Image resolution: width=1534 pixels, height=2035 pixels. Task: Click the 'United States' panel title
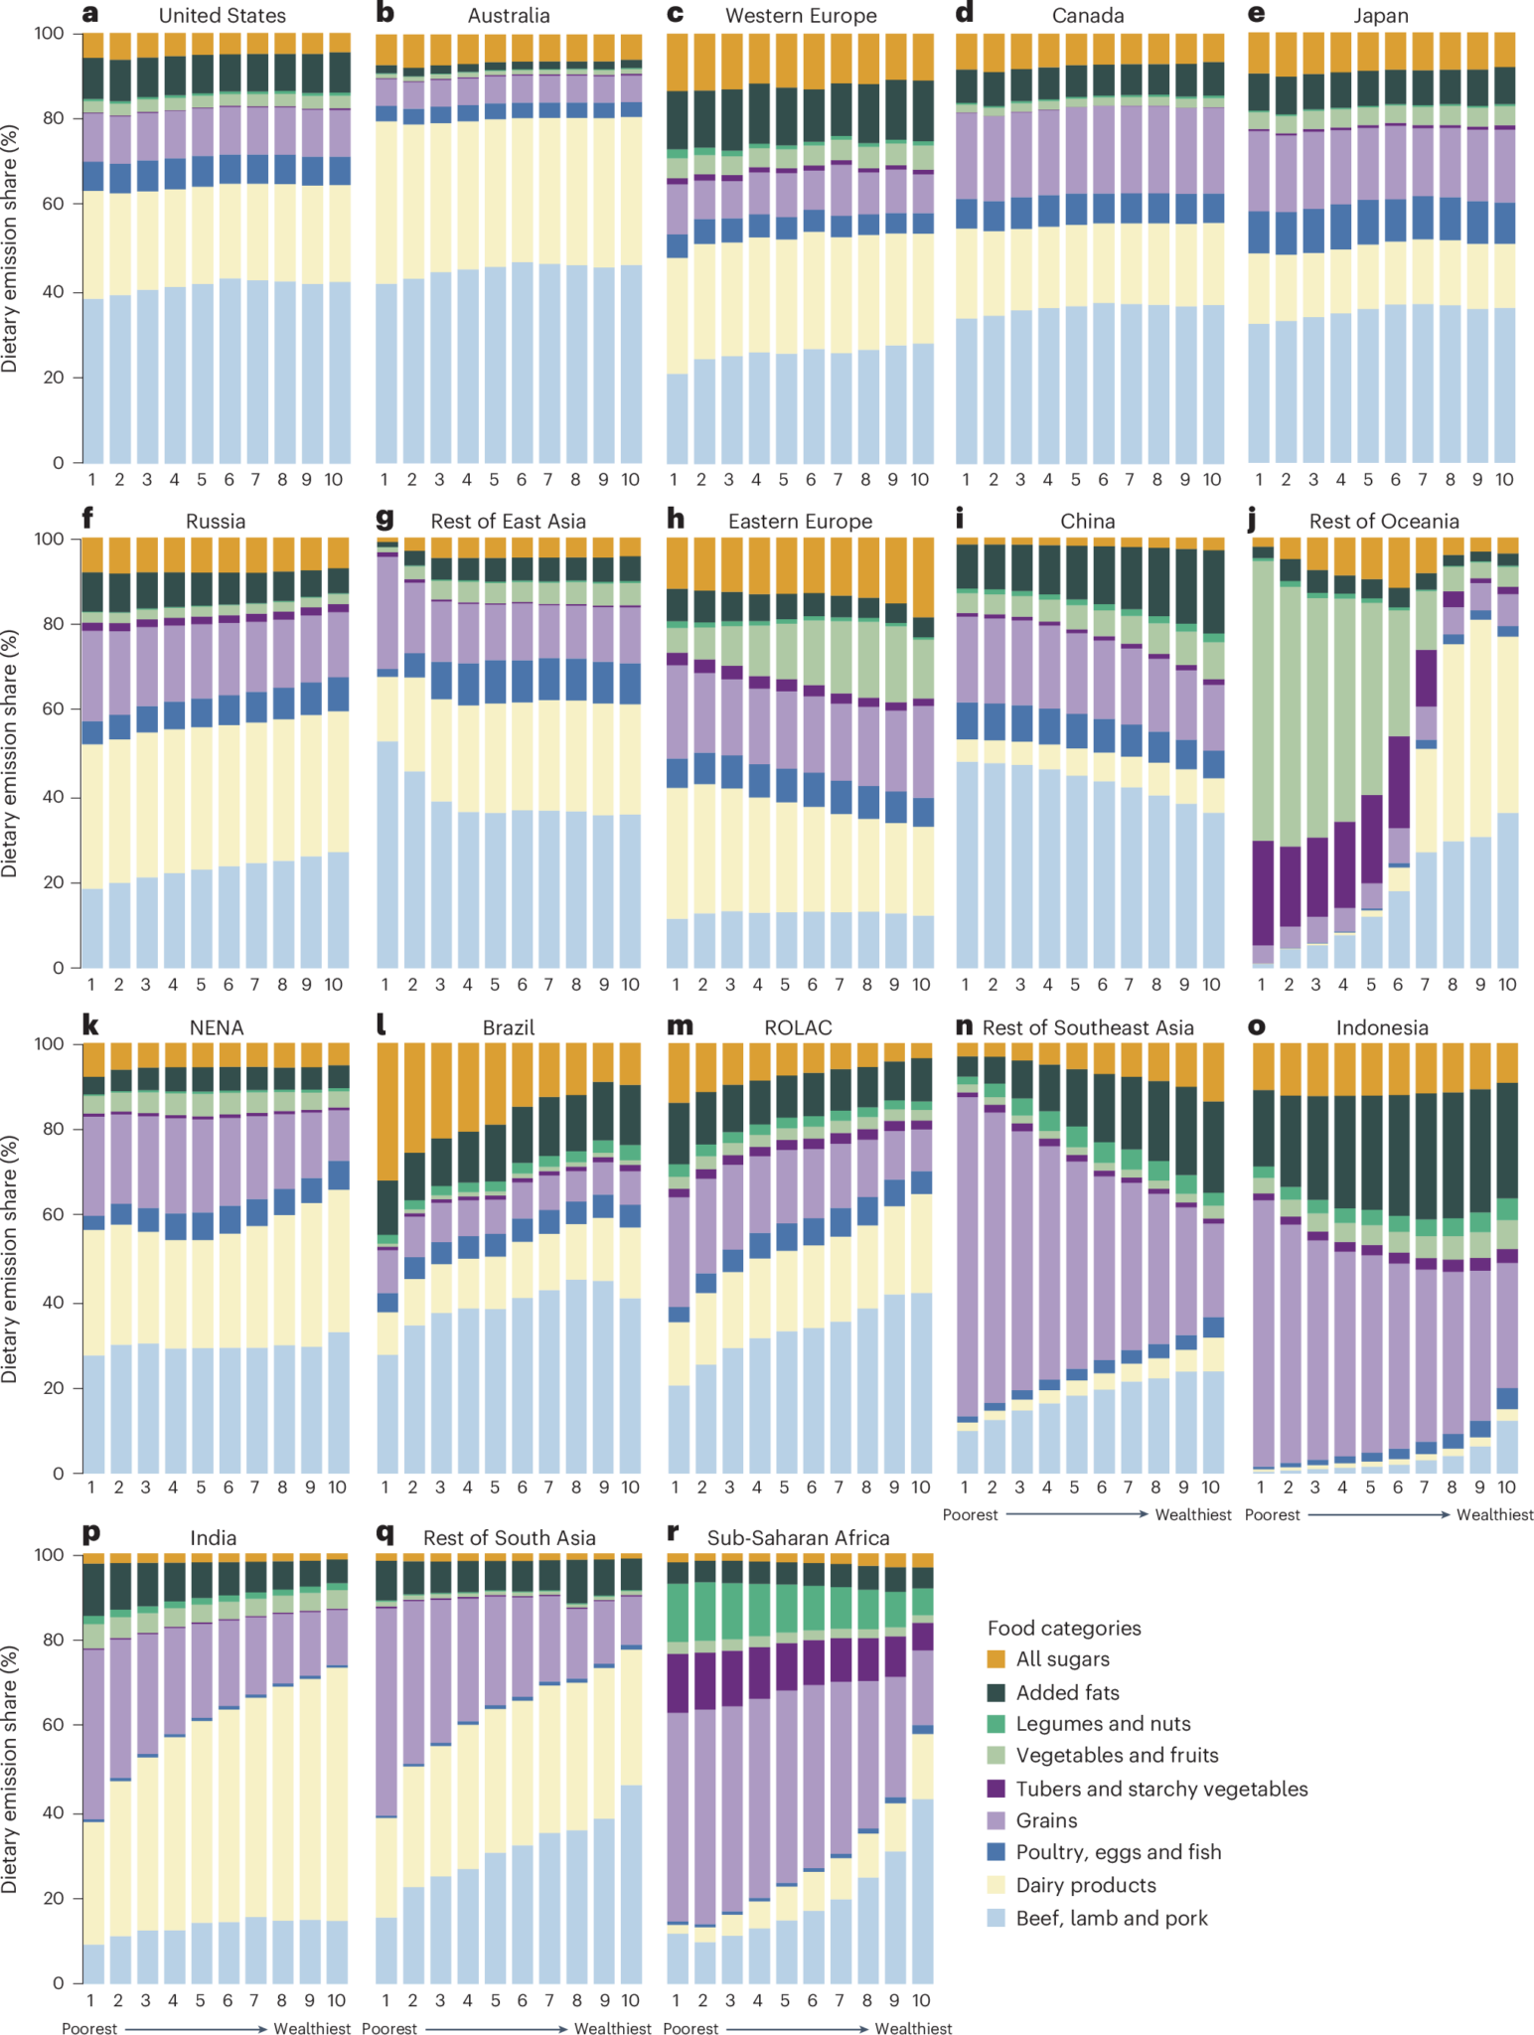[222, 16]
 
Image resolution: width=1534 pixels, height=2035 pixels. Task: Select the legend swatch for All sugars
[997, 1658]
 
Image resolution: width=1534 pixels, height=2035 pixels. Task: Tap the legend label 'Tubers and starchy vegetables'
[1161, 1789]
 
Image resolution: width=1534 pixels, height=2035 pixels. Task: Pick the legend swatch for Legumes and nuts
[997, 1724]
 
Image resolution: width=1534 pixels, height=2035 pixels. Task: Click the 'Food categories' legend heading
[1063, 1628]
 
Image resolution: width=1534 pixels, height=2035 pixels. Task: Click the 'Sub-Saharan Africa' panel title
[798, 1538]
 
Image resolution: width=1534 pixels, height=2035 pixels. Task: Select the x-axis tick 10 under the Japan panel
[1504, 480]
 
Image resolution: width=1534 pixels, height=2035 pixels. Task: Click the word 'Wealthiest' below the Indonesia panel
[1494, 1514]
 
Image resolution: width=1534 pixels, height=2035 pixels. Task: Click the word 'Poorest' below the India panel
[89, 2028]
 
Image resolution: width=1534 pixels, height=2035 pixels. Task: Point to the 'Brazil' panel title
[508, 1027]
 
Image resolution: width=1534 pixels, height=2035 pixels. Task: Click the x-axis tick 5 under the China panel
[1074, 985]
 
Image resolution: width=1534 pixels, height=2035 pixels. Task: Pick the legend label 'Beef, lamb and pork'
[1111, 1918]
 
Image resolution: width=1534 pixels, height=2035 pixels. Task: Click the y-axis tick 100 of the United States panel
[49, 34]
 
